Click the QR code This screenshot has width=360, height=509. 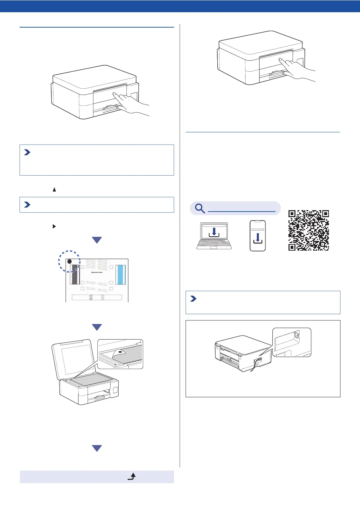(309, 230)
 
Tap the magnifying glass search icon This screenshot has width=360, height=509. (200, 208)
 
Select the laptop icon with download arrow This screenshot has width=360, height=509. (214, 236)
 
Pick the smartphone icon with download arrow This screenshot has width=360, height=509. (258, 236)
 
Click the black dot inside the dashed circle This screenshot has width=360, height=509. (69, 261)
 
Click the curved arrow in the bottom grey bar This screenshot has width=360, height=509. (132, 477)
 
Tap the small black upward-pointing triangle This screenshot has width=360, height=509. (54, 190)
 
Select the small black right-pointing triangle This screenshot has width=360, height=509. (54, 226)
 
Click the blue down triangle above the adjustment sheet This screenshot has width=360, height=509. (97, 240)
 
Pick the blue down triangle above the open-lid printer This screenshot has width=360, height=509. (97, 327)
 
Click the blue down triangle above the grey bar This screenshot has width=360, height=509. (97, 448)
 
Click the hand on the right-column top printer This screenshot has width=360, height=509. (297, 69)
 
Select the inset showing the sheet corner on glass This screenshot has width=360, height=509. (120, 354)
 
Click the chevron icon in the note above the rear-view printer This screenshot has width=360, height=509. (193, 299)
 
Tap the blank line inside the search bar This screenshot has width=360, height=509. (241, 211)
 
